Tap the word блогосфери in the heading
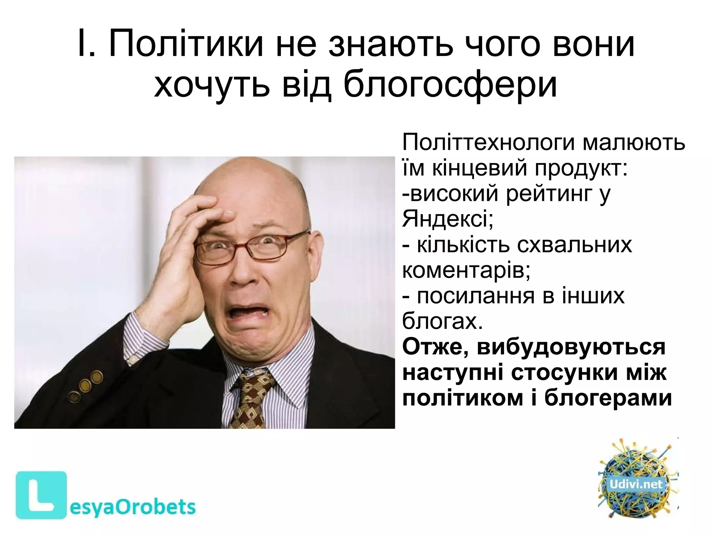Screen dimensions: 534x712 pyautogui.click(x=451, y=84)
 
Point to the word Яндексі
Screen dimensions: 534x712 pyautogui.click(x=447, y=219)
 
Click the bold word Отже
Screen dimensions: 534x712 pyautogui.click(x=435, y=347)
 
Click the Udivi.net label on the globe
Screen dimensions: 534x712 pyautogui.click(x=636, y=484)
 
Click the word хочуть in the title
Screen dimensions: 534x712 pyautogui.click(x=212, y=84)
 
